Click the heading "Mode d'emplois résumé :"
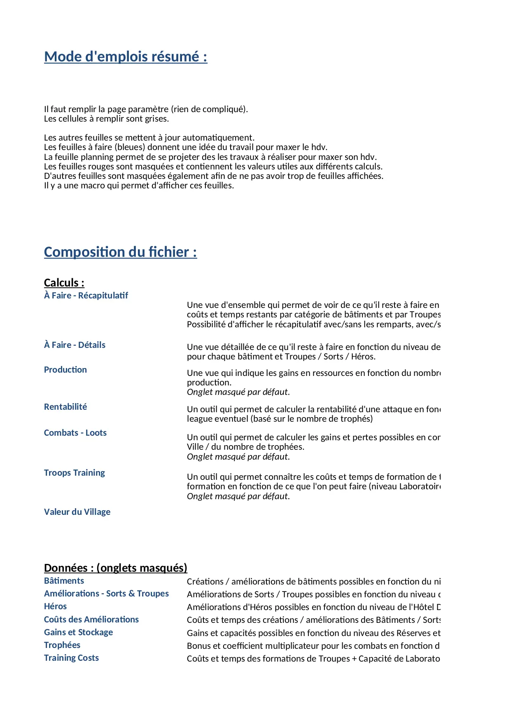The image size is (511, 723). point(126,56)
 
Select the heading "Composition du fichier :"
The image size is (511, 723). point(120,252)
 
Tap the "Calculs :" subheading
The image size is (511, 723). point(64,283)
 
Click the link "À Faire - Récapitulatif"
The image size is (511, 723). point(86,296)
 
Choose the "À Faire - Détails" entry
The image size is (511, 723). point(75,345)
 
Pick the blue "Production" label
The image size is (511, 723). point(65,370)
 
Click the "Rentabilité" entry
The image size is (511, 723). point(65,407)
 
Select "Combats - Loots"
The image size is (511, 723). point(75,433)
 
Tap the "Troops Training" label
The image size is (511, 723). point(75,473)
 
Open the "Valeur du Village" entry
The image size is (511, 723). point(77,512)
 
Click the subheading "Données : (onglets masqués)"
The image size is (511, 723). point(116,568)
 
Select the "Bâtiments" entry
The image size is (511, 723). point(64,581)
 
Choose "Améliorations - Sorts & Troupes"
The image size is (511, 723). point(106,594)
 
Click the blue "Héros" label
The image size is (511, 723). point(55,606)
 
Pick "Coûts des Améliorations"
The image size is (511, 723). point(91,620)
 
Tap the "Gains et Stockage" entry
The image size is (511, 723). point(78,632)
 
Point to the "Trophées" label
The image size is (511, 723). point(62,645)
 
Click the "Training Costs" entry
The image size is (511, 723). point(71,658)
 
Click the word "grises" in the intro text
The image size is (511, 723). point(156,119)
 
